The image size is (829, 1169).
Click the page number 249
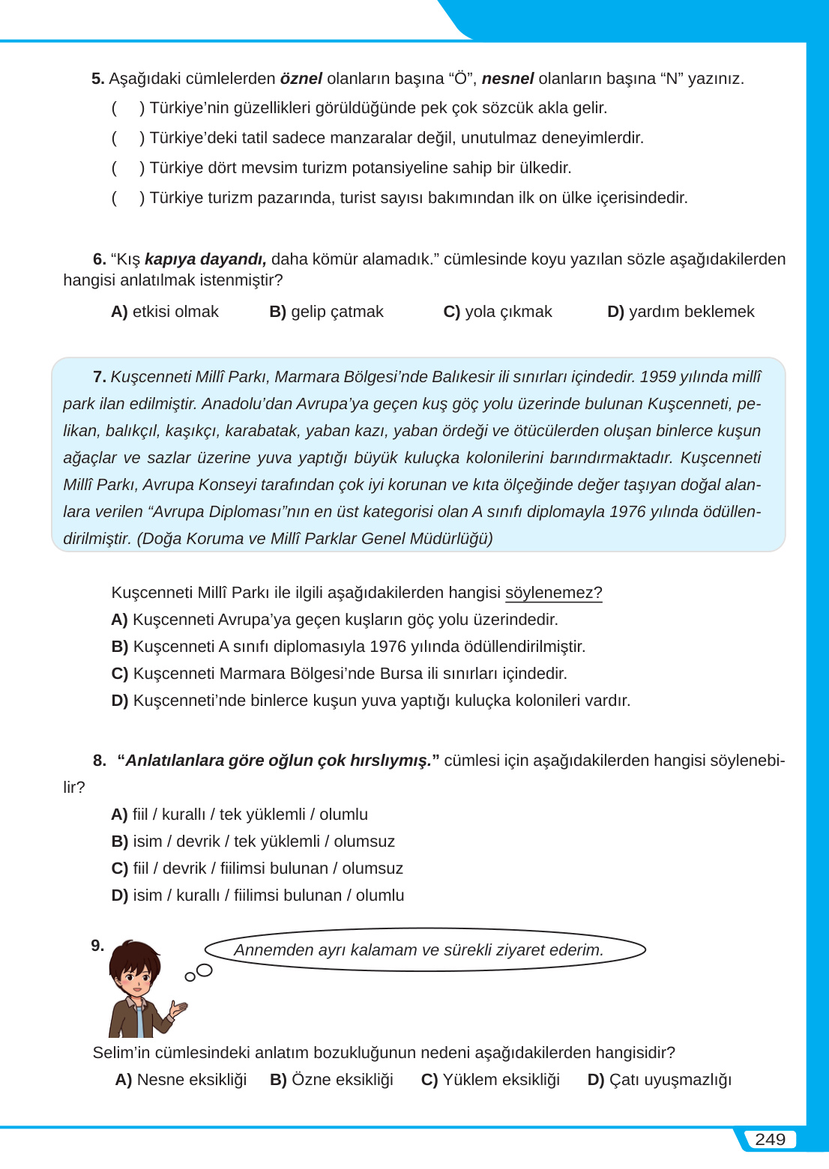(770, 1140)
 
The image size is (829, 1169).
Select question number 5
(97, 79)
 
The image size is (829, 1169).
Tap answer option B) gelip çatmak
(326, 312)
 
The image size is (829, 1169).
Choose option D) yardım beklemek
(681, 312)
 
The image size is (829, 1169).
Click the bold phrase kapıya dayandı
(205, 259)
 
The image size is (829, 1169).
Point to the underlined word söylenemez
(553, 593)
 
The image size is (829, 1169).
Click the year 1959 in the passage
(657, 377)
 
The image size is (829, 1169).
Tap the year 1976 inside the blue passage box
(627, 512)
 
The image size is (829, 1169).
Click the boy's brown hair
(135, 953)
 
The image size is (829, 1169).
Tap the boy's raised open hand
(179, 1009)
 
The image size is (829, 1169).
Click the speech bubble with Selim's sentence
(425, 950)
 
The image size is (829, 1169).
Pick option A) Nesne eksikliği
(181, 1080)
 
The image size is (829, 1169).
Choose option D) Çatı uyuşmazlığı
(659, 1080)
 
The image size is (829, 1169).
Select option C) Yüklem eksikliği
(490, 1080)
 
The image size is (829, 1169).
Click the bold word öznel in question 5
(301, 79)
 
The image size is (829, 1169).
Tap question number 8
(99, 761)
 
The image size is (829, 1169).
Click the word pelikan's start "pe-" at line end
(749, 404)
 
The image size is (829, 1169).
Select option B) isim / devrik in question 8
(253, 842)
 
